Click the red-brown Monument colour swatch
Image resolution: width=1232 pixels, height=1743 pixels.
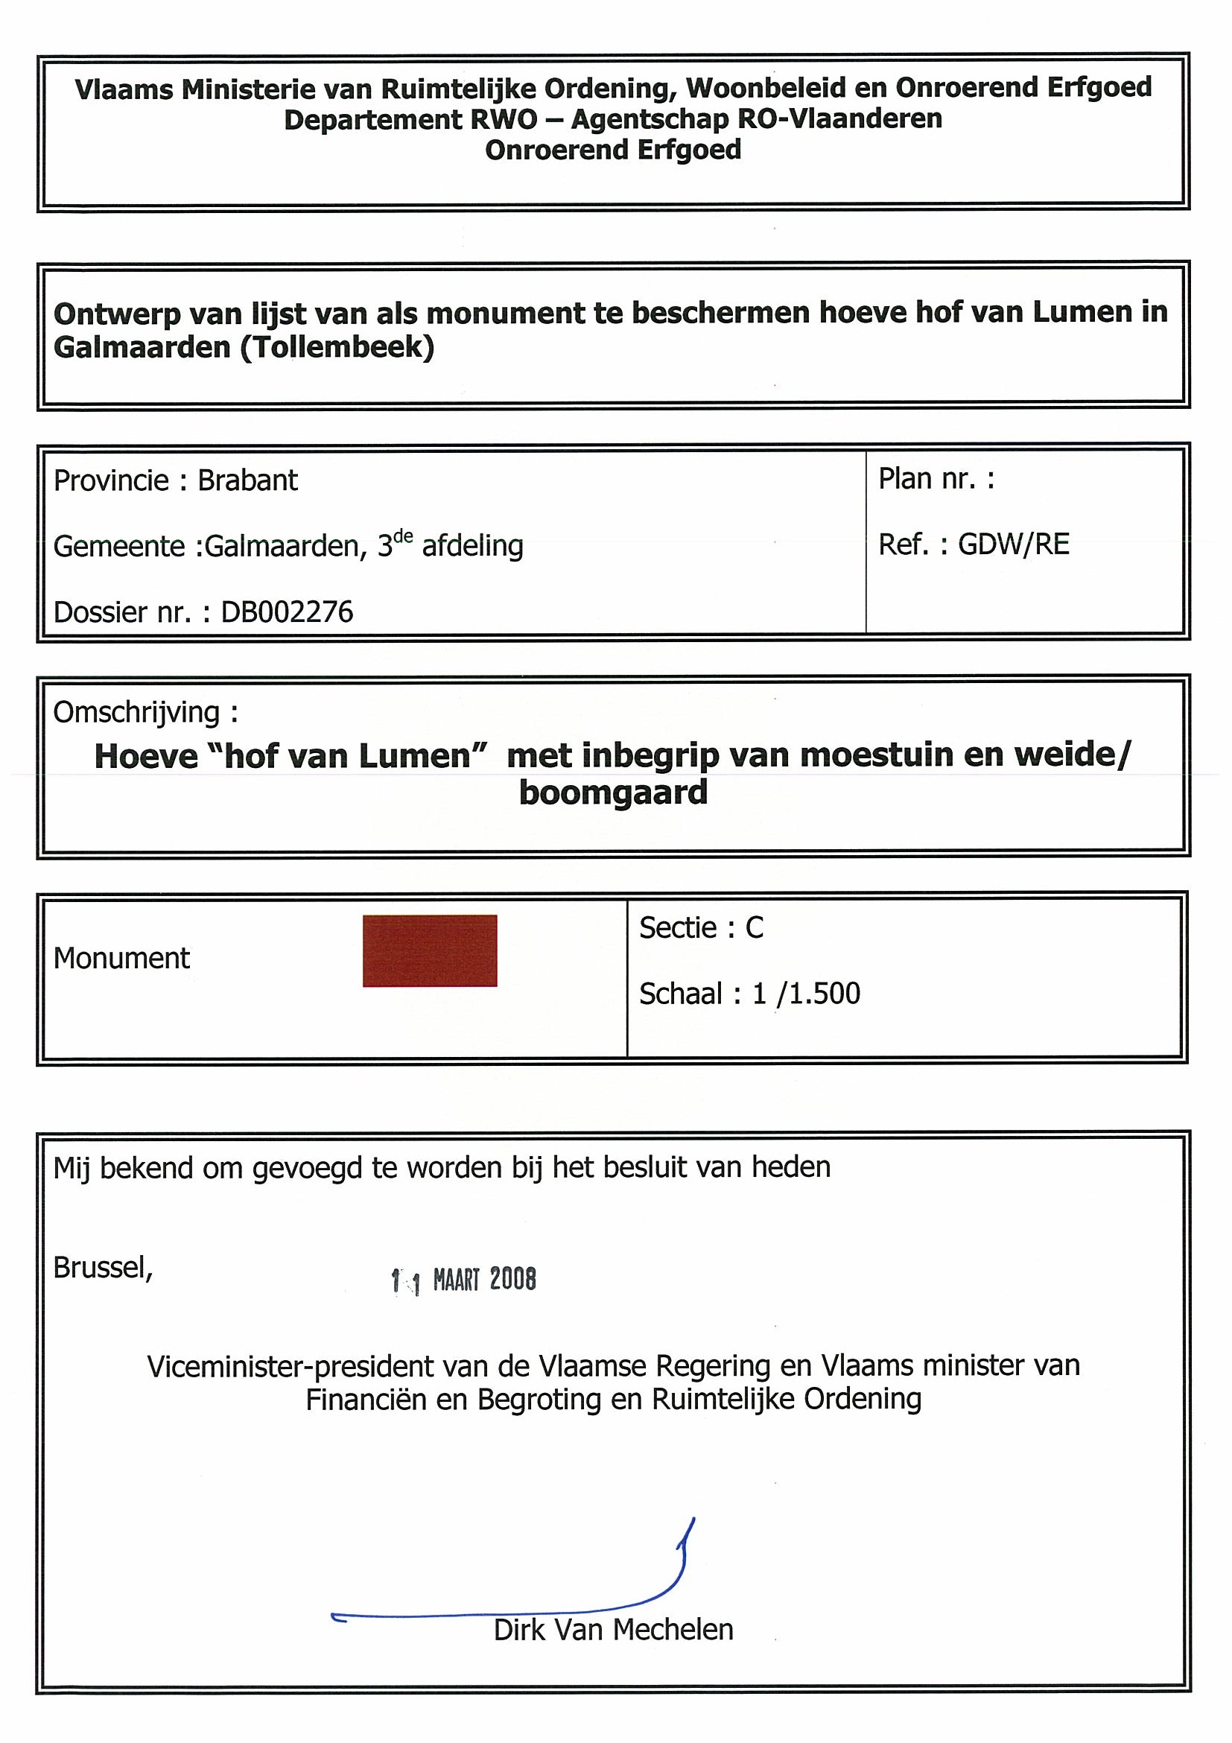(430, 950)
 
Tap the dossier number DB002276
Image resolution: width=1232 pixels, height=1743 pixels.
(287, 612)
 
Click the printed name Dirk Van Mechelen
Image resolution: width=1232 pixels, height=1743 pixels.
(613, 1630)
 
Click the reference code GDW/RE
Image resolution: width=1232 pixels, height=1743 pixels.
(1013, 545)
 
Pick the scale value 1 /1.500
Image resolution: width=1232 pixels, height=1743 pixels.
(806, 994)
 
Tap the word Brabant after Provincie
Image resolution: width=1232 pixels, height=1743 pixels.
(247, 480)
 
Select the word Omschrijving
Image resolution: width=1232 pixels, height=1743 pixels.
(136, 712)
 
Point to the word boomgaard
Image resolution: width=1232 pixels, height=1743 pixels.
(613, 793)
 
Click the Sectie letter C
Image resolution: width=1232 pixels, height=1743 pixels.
(754, 927)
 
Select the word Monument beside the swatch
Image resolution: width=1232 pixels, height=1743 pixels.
(121, 959)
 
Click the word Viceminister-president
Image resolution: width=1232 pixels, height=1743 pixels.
(290, 1366)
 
